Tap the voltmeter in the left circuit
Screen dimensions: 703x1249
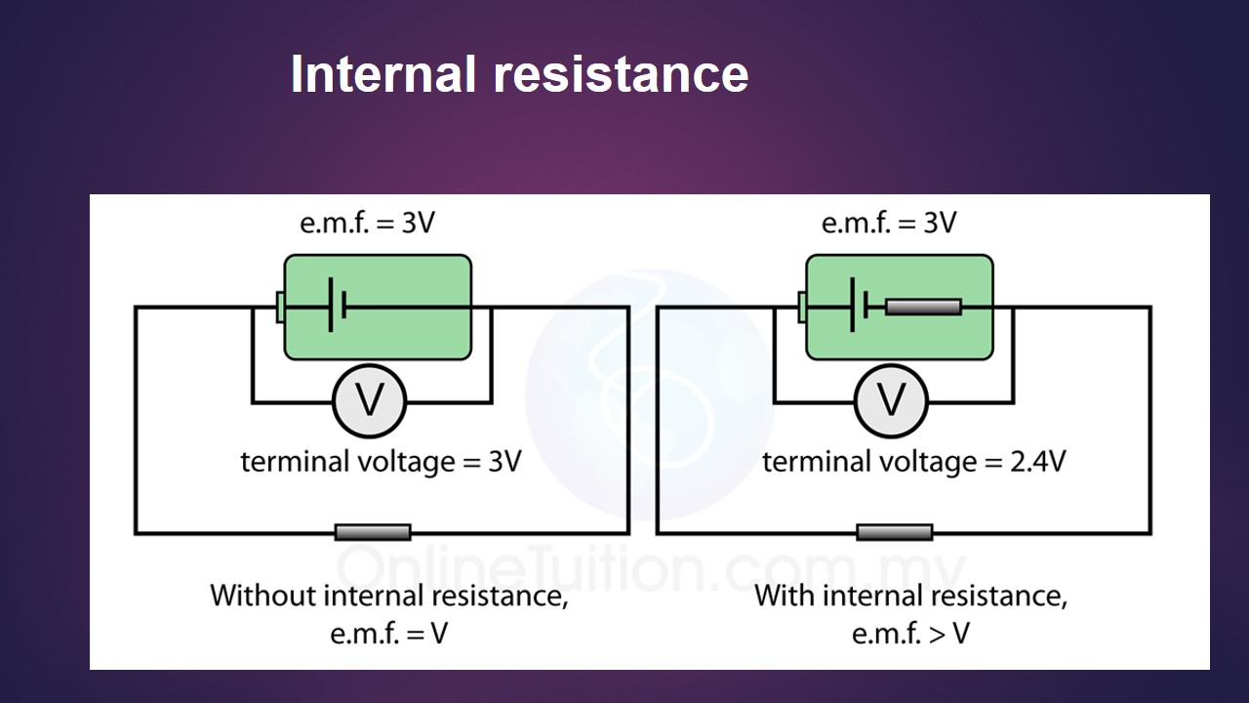[369, 400]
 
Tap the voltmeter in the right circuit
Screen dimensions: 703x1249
[891, 400]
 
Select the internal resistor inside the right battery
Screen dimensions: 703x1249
[923, 308]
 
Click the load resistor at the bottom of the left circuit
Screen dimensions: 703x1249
[373, 532]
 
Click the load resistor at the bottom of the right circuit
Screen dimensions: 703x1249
[895, 532]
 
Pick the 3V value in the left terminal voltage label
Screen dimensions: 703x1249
[504, 461]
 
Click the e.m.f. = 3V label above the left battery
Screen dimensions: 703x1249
[367, 223]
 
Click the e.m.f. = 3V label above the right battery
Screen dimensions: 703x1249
[889, 223]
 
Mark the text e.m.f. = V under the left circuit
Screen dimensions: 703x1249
[389, 635]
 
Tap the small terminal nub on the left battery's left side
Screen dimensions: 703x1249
[281, 308]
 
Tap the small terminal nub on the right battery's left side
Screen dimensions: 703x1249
[803, 308]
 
